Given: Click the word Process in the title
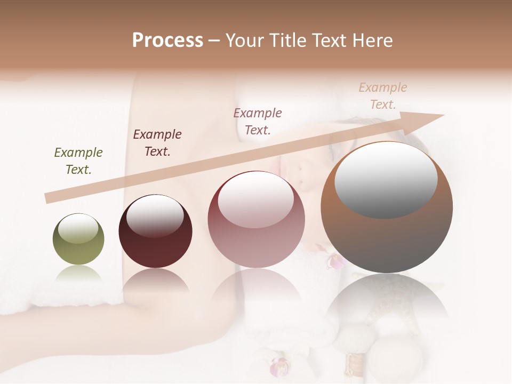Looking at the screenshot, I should [167, 41].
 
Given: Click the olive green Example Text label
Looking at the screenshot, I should [78, 161].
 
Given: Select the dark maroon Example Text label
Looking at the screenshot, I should [157, 143].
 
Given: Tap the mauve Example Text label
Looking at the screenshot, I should [258, 121].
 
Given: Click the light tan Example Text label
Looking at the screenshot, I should [382, 96].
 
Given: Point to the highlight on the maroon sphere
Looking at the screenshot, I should [155, 215].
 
